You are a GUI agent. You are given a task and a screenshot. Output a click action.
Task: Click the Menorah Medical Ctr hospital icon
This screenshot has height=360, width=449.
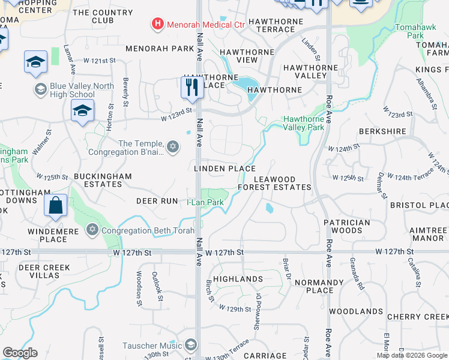coord(157,25)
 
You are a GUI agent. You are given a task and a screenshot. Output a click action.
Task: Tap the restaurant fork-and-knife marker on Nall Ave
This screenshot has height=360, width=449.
coord(192,88)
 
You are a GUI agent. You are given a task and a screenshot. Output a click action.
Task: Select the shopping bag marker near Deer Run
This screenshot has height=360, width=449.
coord(55,205)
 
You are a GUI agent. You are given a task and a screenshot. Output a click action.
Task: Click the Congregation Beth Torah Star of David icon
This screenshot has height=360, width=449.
coord(92,229)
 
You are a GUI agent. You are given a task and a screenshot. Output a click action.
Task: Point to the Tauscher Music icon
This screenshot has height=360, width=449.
coord(191,345)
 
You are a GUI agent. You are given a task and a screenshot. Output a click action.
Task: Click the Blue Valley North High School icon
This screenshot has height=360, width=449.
coord(41,90)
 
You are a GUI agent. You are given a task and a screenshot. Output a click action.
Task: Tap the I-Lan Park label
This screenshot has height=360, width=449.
coord(205,203)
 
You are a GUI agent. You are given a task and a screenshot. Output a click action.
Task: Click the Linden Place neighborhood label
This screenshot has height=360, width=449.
coord(225,169)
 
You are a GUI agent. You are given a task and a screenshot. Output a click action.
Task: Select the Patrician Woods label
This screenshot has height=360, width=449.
coord(346,226)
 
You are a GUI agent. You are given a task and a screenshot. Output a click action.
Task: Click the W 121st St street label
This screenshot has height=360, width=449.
coord(99,61)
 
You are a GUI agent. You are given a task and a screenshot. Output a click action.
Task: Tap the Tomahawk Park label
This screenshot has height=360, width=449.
coord(410,32)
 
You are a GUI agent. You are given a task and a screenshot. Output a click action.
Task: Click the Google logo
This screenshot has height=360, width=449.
coord(20,353)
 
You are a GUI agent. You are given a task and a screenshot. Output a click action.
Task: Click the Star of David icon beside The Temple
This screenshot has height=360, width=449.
coord(173,148)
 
